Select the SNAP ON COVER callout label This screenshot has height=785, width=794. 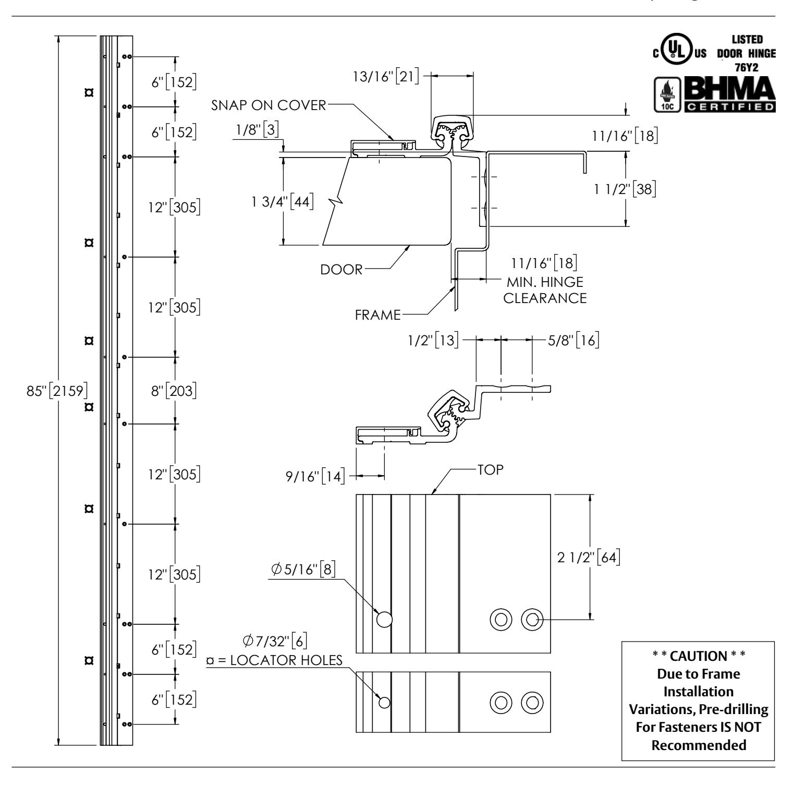click(x=268, y=106)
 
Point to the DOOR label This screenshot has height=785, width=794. click(x=341, y=270)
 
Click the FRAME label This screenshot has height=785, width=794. click(x=377, y=315)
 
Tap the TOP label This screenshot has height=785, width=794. click(x=491, y=469)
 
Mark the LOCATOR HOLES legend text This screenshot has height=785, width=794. click(x=275, y=660)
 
